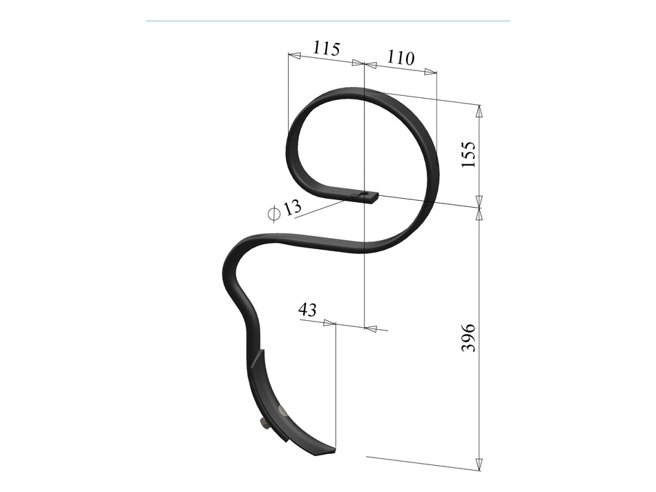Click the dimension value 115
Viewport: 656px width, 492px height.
tap(327, 48)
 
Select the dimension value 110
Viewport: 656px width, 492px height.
tap(401, 57)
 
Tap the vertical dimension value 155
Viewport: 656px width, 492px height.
tap(468, 155)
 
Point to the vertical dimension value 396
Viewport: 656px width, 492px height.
tap(468, 337)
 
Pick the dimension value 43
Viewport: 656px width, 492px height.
tap(307, 310)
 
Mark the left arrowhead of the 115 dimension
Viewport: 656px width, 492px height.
tap(294, 55)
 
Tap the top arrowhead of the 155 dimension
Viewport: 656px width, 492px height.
tap(479, 110)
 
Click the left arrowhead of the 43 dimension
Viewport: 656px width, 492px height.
tap(329, 322)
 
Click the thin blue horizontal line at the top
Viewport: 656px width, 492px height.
tap(327, 21)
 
